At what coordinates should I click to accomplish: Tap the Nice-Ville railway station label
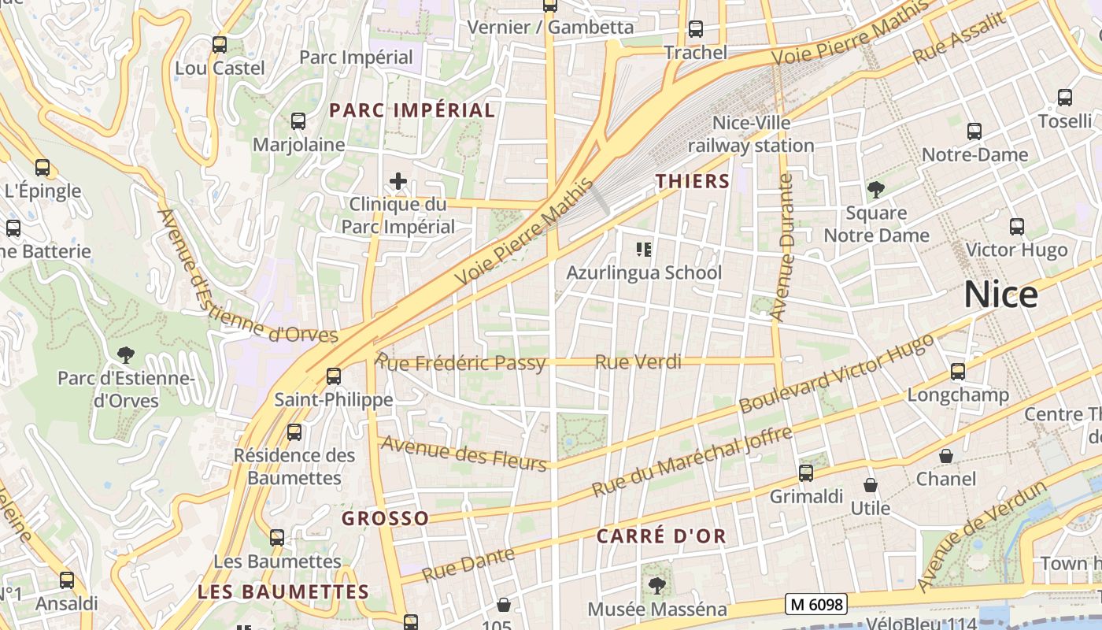751,135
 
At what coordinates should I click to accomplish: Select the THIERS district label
693,181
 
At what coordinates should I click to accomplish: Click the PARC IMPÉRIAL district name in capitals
412,110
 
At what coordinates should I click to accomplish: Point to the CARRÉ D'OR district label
661,536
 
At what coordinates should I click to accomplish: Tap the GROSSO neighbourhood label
385,518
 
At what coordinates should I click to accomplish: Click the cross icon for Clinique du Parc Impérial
398,182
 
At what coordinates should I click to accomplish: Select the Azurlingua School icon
644,250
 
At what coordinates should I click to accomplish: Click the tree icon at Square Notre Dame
875,190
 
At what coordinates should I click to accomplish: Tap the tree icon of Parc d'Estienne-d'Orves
125,355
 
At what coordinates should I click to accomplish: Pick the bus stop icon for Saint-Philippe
334,376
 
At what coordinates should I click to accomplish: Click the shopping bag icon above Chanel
946,456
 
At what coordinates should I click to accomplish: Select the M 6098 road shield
815,604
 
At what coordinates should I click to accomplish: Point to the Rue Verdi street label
638,362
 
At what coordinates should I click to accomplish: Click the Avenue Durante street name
784,248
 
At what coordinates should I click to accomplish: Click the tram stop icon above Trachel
696,29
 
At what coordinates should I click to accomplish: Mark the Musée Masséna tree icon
656,586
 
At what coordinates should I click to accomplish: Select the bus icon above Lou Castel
220,45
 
